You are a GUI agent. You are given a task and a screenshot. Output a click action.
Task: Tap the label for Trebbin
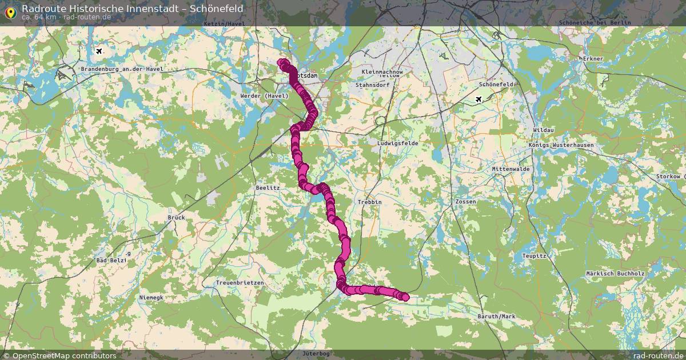pyautogui.click(x=369, y=202)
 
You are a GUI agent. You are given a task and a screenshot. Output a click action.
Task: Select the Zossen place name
pyautogui.click(x=465, y=202)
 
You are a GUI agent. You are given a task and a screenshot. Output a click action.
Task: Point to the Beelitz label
pyautogui.click(x=268, y=187)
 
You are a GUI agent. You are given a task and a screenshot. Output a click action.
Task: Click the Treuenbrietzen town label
pyautogui.click(x=240, y=283)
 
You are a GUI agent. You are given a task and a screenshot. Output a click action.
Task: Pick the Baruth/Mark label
pyautogui.click(x=496, y=316)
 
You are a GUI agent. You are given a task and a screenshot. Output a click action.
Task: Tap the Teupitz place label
pyautogui.click(x=535, y=256)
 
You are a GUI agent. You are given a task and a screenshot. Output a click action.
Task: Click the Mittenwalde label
pyautogui.click(x=511, y=169)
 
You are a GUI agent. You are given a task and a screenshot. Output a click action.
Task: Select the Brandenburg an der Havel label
pyautogui.click(x=122, y=69)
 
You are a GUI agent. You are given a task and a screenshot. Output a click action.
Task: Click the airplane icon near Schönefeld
pyautogui.click(x=479, y=99)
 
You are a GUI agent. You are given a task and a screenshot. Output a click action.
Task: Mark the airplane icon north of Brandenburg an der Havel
pyautogui.click(x=100, y=51)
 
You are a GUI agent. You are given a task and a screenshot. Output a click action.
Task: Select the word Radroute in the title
pyautogui.click(x=41, y=9)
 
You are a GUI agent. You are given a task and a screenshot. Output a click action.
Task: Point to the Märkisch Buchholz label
pyautogui.click(x=615, y=274)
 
